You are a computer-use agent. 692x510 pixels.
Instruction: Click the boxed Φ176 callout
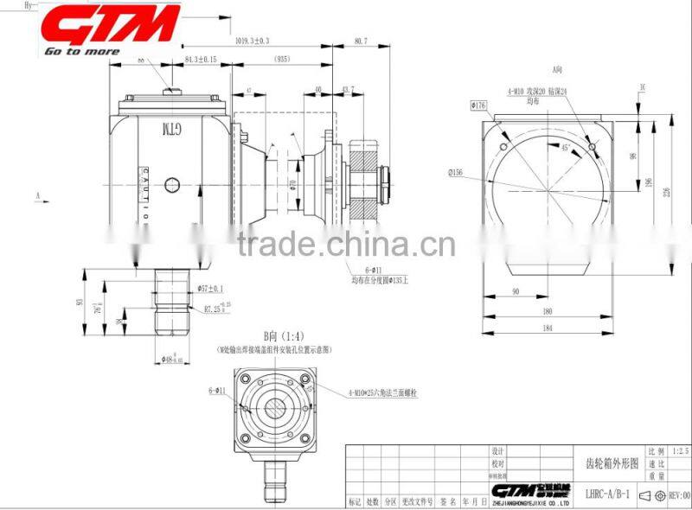[478, 105]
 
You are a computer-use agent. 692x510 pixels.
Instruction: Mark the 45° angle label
[565, 148]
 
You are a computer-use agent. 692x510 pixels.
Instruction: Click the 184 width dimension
[548, 328]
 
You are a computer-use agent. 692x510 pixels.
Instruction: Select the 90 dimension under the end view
[516, 292]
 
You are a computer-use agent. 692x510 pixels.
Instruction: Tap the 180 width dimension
[548, 312]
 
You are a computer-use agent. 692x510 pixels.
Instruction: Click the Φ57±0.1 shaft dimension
[210, 288]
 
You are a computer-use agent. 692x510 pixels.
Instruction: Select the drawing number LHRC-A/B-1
[607, 495]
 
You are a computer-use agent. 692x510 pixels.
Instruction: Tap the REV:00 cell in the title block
[677, 495]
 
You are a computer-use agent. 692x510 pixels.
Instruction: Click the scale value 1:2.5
[680, 451]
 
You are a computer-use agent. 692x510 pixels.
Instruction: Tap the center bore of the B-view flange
[275, 407]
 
